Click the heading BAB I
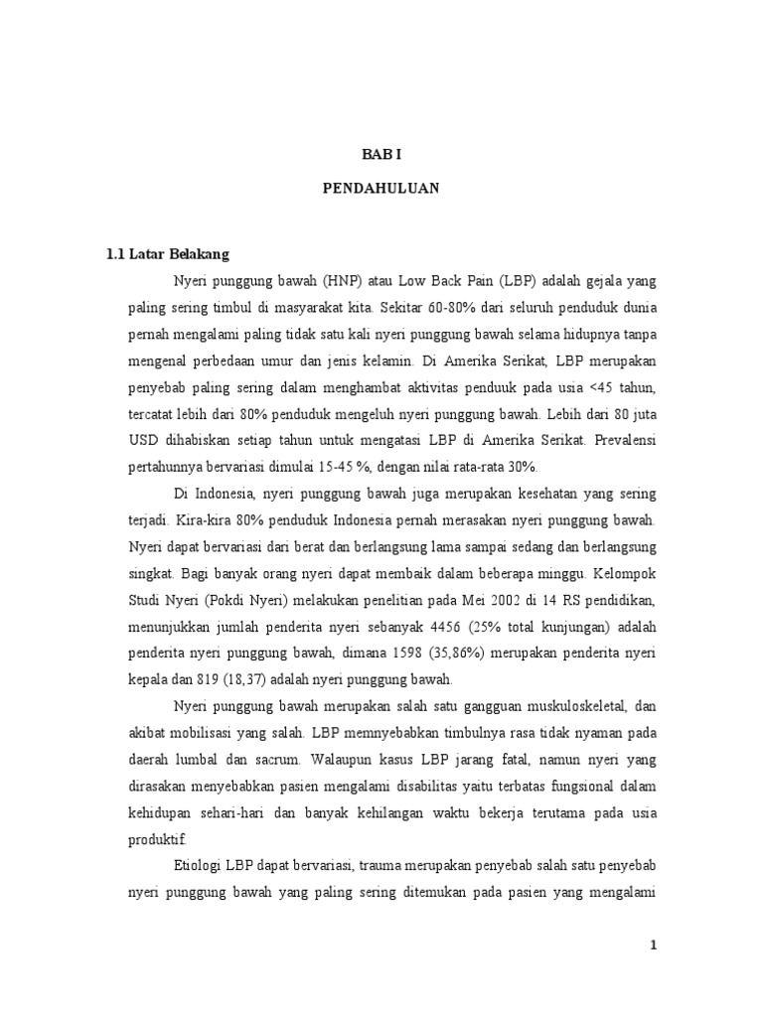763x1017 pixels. coord(381,154)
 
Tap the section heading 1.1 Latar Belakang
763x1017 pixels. coord(168,254)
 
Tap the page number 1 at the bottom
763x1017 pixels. coord(654,945)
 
